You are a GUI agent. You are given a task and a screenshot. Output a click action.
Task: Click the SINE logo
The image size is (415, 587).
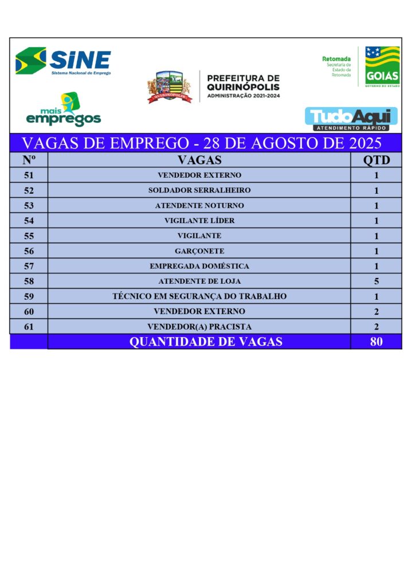pos(63,61)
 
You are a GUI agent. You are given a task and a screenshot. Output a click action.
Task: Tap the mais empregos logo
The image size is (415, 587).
pos(64,111)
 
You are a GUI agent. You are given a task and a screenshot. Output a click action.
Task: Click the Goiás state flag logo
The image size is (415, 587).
pos(382,66)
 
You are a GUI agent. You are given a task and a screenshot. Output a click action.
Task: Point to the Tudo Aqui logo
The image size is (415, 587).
pos(351,119)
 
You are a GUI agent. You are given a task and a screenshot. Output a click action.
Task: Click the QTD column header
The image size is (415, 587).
pos(377,160)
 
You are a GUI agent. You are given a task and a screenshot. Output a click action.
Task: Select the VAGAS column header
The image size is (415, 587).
pos(199,160)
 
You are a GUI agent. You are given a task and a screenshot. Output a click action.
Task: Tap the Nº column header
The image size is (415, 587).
pos(29,160)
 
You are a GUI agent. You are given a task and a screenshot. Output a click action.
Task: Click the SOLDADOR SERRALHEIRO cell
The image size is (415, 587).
pos(199,190)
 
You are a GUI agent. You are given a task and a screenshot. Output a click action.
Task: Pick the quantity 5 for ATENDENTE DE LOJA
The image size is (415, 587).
pos(377,281)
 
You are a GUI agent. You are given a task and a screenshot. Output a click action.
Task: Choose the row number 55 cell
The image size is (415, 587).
pos(29,236)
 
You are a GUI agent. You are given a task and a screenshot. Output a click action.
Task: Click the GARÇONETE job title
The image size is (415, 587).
pos(199,251)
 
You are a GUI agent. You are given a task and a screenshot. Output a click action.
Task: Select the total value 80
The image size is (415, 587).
pos(377,342)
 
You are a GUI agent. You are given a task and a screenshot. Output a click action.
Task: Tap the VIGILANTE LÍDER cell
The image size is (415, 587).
pos(199,221)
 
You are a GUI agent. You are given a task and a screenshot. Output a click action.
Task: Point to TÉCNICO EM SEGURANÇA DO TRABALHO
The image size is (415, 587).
pos(199,296)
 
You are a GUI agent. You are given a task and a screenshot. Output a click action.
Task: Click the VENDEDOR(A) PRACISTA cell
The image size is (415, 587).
pos(199,326)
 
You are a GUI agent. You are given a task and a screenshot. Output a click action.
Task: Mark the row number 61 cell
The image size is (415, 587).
pos(29,326)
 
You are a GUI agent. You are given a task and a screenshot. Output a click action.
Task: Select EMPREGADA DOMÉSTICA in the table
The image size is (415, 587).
pos(199,266)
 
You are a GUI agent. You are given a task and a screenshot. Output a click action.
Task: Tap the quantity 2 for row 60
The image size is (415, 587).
pos(377,311)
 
